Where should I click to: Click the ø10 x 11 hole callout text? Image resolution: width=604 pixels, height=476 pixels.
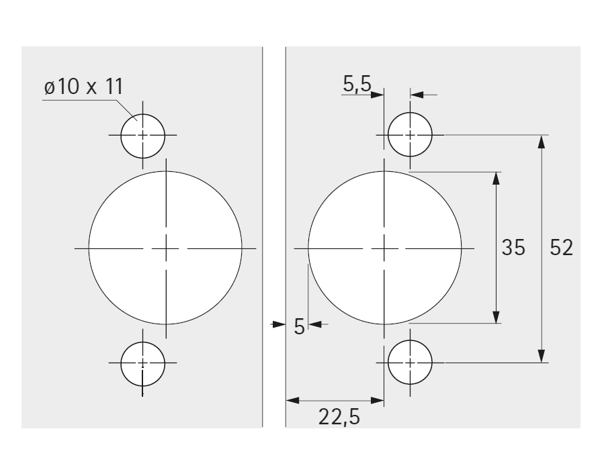(x=83, y=86)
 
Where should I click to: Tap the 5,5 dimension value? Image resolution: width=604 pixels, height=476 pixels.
(x=357, y=84)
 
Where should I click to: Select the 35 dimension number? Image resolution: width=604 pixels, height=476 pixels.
(x=513, y=247)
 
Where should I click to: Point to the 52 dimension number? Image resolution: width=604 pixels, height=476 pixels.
(x=561, y=248)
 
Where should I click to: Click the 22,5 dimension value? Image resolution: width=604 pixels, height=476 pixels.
(x=339, y=417)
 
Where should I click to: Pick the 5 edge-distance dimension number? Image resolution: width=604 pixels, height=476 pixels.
(x=299, y=327)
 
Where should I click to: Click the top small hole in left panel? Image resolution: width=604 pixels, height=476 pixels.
(x=143, y=136)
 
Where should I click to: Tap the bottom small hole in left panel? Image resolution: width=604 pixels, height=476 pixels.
(x=143, y=363)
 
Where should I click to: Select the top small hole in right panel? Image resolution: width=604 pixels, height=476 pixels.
(x=411, y=135)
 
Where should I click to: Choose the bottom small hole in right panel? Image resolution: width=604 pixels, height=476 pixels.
(x=411, y=362)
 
